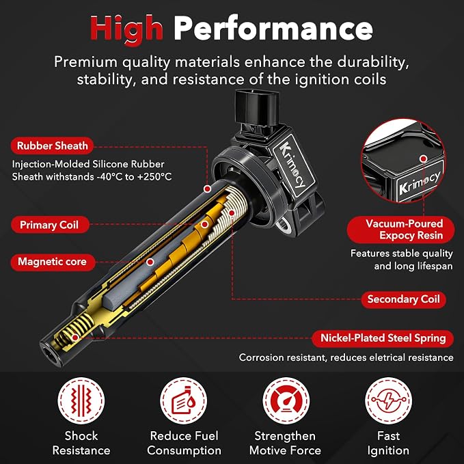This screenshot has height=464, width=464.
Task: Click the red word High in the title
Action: coord(126,29)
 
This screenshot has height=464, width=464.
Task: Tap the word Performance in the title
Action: coord(273,29)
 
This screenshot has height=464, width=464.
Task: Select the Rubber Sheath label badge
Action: coord(52,146)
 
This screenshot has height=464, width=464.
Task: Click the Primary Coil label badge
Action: coord(50,225)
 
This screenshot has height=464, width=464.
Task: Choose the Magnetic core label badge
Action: coord(53,262)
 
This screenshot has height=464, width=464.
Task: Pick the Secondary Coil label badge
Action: coord(404,299)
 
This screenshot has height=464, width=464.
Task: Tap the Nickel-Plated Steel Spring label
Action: coord(383,338)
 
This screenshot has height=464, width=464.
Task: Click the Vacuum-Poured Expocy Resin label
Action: coord(400,230)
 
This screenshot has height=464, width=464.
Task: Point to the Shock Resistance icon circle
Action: coord(81,400)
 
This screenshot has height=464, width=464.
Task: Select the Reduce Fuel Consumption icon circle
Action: coord(183,400)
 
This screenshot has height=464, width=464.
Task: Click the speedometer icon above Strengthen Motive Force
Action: coord(286,400)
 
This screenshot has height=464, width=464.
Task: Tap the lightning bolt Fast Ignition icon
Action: coord(388,400)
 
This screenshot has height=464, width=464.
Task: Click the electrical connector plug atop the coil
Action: coord(257,109)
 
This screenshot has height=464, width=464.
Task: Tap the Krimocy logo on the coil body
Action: coord(292,165)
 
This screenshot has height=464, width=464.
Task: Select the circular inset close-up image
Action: coord(403,161)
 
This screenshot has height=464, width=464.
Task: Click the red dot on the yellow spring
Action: coord(75,338)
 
